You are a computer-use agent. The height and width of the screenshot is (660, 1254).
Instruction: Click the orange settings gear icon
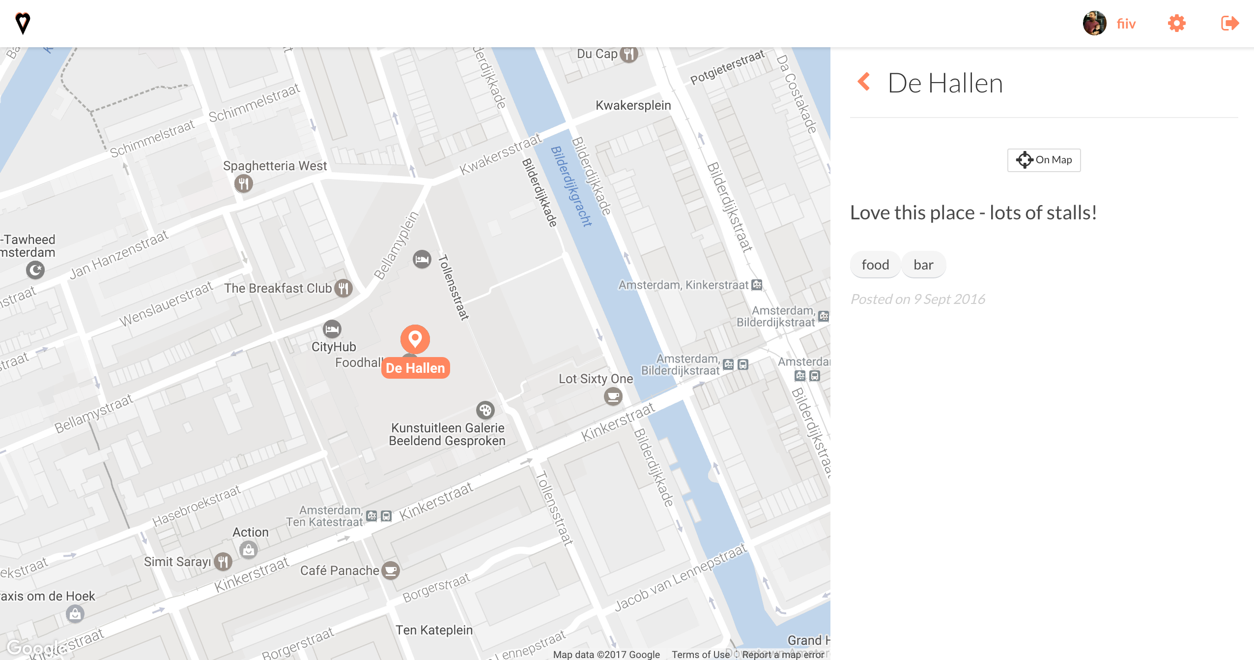click(1177, 24)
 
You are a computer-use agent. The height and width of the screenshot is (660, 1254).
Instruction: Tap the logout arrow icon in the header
click(1230, 24)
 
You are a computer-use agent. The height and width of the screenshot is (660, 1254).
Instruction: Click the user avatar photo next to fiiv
click(1094, 24)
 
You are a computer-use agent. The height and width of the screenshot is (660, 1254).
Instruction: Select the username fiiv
click(1126, 24)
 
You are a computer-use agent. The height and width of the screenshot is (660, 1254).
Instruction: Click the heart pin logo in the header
click(23, 23)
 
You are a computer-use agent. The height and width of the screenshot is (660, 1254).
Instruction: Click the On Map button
click(1044, 160)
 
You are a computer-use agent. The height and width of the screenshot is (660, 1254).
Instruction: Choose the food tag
click(875, 265)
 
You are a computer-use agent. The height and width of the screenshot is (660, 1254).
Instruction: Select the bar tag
click(923, 265)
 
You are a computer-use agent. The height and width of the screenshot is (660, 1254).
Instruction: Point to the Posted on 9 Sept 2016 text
click(917, 299)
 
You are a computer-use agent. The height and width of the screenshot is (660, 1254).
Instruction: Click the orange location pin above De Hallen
click(415, 339)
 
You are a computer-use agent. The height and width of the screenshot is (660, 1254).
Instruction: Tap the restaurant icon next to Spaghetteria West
click(244, 183)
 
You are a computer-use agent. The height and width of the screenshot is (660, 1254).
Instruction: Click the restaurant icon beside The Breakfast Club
click(343, 288)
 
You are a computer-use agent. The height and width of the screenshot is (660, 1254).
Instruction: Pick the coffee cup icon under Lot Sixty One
click(613, 396)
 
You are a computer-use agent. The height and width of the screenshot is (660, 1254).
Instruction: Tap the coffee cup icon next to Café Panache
click(391, 570)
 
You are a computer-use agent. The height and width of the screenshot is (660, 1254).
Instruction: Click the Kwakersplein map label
click(633, 105)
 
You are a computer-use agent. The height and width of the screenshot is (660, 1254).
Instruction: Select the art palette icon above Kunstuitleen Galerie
click(485, 410)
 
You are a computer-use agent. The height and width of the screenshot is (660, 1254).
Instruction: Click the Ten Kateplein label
click(434, 630)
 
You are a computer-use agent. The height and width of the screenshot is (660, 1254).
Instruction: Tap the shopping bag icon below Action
click(249, 549)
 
